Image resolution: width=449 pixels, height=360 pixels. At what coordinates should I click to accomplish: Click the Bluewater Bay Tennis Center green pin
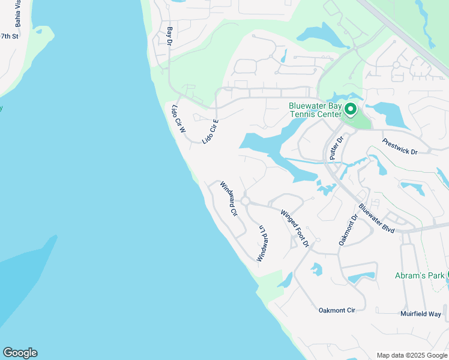click(350, 109)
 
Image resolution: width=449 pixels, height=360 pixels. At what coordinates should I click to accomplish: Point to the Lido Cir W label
click(179, 119)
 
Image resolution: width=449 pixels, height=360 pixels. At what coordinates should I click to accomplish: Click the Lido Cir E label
click(210, 131)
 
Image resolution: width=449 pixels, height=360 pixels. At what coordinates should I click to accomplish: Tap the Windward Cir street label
click(229, 199)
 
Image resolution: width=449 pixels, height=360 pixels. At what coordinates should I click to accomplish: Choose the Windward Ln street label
click(261, 243)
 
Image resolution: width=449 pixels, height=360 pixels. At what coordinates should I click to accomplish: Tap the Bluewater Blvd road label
click(376, 218)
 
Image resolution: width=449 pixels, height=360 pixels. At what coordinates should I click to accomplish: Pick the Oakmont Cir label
click(337, 310)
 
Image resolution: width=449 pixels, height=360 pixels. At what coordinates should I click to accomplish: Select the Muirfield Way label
click(420, 314)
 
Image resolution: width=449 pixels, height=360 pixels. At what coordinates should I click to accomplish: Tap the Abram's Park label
click(420, 275)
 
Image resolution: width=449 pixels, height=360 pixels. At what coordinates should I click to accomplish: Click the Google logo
click(20, 353)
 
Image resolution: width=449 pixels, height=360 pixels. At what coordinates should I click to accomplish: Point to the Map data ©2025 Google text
click(411, 355)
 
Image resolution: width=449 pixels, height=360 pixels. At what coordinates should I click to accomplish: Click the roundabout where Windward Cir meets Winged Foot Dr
click(245, 200)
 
